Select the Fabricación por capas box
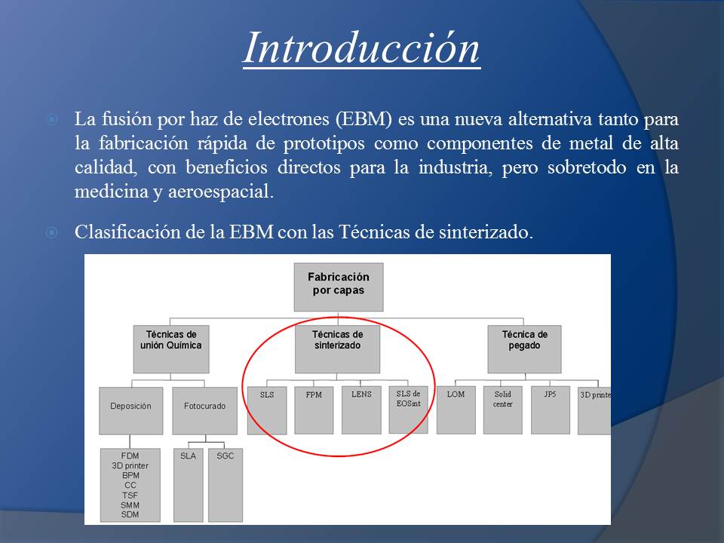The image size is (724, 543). pyautogui.click(x=339, y=287)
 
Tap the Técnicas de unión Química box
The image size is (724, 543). pyautogui.click(x=171, y=349)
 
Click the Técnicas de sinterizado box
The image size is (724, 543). pyautogui.click(x=338, y=349)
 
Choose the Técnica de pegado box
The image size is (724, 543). pyautogui.click(x=525, y=349)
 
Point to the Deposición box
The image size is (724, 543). pyautogui.click(x=131, y=411)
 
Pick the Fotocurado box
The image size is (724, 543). pyautogui.click(x=205, y=411)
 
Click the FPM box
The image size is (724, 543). pyautogui.click(x=314, y=410)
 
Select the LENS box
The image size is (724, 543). pyautogui.click(x=361, y=410)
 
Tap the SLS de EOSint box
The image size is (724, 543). pyautogui.click(x=409, y=410)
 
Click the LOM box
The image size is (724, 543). pyautogui.click(x=456, y=410)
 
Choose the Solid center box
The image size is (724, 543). pyautogui.click(x=503, y=410)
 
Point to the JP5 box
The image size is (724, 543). pyautogui.click(x=551, y=410)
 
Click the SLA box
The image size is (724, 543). pyautogui.click(x=189, y=485)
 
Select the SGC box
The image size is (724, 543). pyautogui.click(x=225, y=485)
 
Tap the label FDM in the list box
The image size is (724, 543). pyautogui.click(x=130, y=456)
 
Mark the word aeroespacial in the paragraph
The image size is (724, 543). pyautogui.click(x=221, y=192)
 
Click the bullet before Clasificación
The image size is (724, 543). pyautogui.click(x=52, y=232)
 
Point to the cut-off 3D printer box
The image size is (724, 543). pyautogui.click(x=594, y=410)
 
